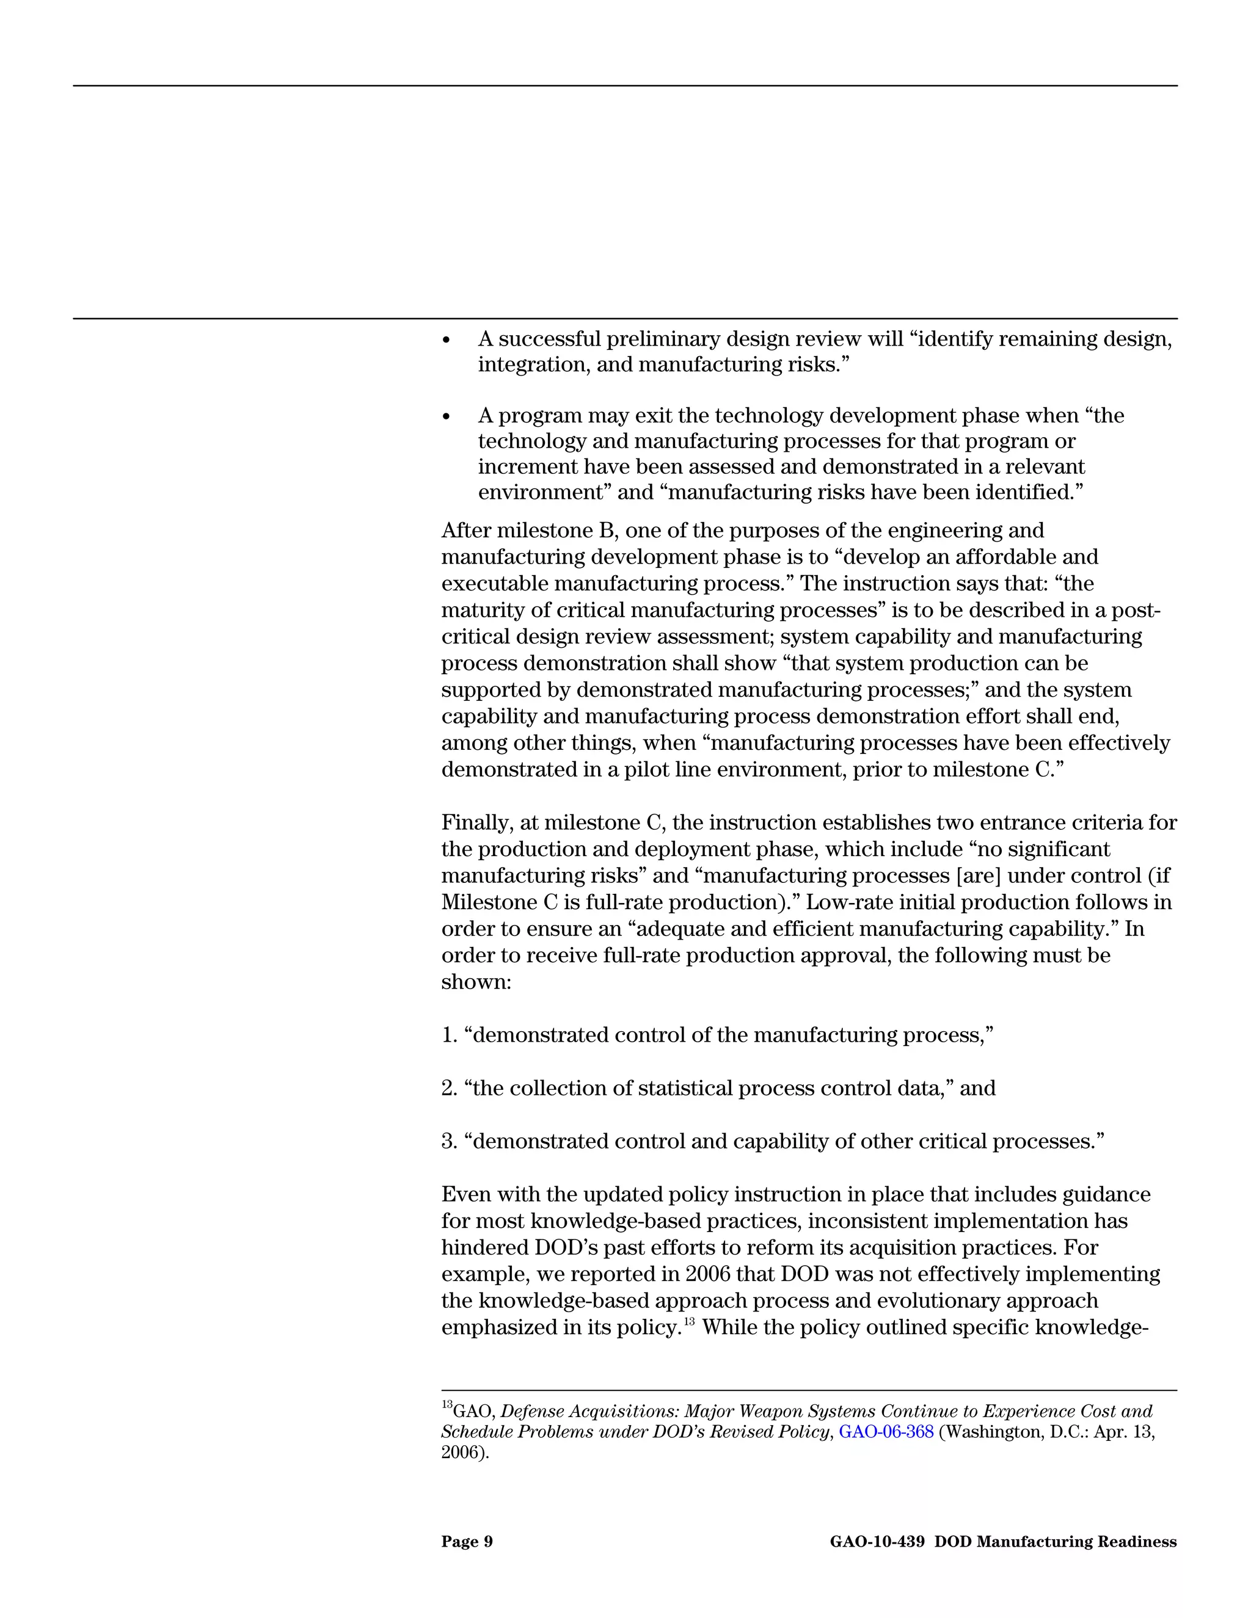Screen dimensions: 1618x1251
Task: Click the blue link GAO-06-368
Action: pyautogui.click(x=886, y=1432)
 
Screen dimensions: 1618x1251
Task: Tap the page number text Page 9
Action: pyautogui.click(x=467, y=1542)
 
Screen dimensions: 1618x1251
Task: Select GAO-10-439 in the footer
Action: pyautogui.click(x=877, y=1542)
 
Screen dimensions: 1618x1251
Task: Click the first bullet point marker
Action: pyautogui.click(x=446, y=340)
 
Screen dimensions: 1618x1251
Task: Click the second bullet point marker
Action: pyautogui.click(x=446, y=417)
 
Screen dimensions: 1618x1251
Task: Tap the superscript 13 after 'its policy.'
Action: pyautogui.click(x=689, y=1320)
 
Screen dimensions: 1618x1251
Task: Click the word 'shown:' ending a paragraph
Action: pyautogui.click(x=476, y=982)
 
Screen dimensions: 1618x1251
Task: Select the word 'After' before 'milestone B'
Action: pyautogui.click(x=466, y=531)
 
